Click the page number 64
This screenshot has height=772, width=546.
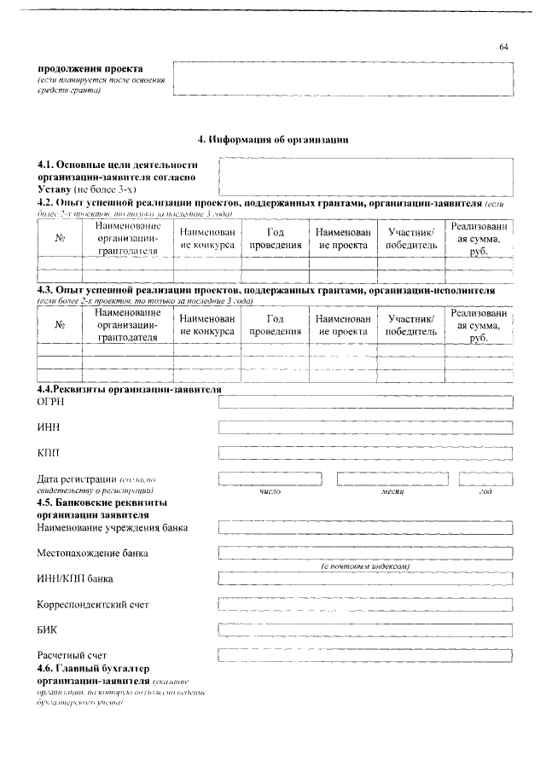(503, 46)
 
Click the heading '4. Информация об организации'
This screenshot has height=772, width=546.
(273, 138)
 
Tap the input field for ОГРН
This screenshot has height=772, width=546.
(365, 402)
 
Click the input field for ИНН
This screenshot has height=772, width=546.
(365, 427)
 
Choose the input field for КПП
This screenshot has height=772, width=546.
(365, 451)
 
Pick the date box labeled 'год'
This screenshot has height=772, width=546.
(485, 479)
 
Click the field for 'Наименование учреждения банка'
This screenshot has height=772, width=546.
(365, 528)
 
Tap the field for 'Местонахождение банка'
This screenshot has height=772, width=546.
(365, 554)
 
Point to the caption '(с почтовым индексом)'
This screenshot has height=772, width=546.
(366, 566)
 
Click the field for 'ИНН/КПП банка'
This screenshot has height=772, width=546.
(365, 579)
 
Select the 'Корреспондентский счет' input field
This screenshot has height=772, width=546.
(365, 605)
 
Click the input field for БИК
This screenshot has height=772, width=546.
(365, 630)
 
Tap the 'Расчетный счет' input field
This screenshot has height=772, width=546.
(365, 655)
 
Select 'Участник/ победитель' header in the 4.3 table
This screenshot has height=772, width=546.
(411, 324)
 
